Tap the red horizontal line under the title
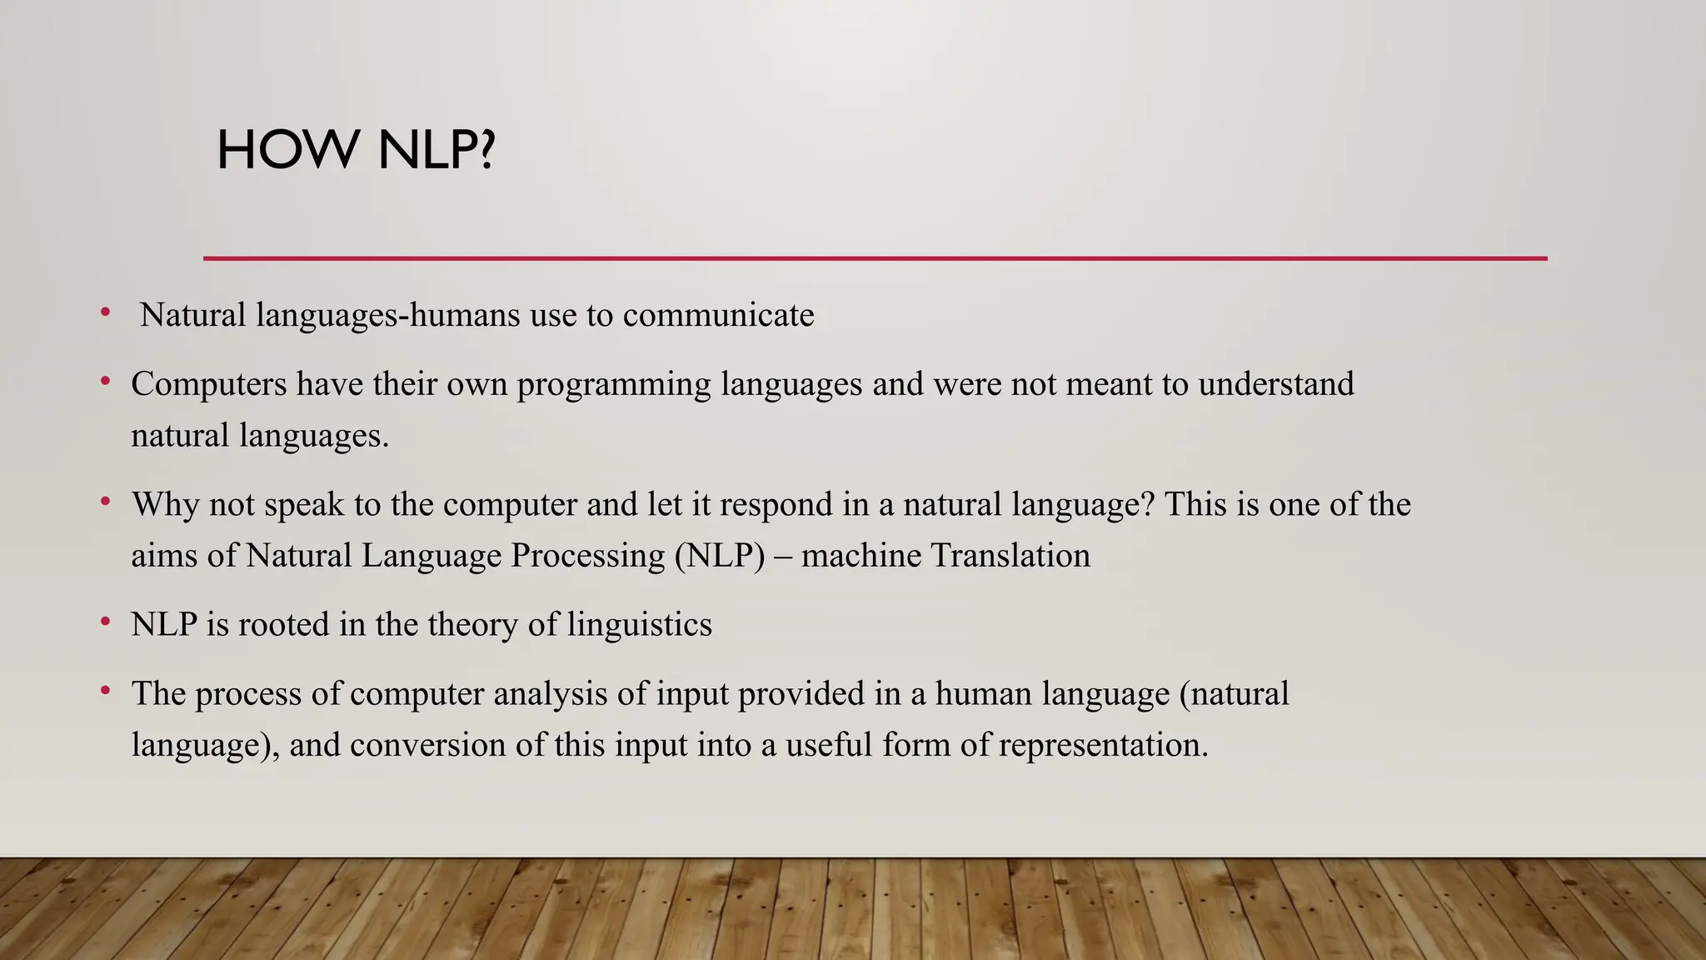click(875, 258)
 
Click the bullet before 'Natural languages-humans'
click(105, 313)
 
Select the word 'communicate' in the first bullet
click(718, 316)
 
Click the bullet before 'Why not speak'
click(105, 502)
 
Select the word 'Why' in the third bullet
click(165, 505)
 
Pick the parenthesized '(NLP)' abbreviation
click(720, 556)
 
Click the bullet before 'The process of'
click(105, 691)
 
